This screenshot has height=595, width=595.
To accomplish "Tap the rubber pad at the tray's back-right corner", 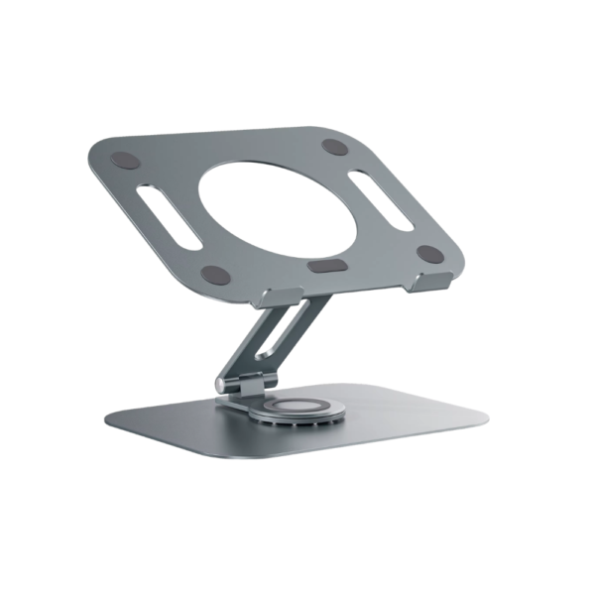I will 336,147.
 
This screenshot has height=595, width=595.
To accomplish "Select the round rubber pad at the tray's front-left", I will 212,273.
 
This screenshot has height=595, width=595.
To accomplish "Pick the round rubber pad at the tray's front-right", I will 428,254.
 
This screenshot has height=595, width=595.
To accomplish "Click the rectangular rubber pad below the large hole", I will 325,266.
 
